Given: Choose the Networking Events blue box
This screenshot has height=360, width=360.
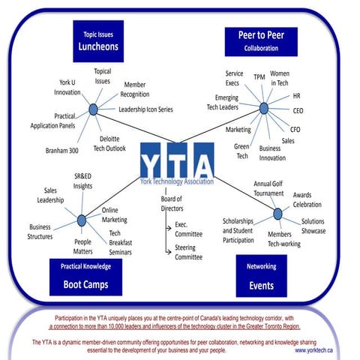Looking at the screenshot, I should click(x=261, y=276).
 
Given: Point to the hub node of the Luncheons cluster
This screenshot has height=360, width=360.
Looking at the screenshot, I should click(x=93, y=109).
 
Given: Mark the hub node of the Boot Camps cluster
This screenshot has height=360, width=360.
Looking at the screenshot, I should click(x=81, y=220).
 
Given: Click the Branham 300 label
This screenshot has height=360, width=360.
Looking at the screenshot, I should click(x=63, y=150).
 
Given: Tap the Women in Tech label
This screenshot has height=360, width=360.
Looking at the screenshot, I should click(x=280, y=78).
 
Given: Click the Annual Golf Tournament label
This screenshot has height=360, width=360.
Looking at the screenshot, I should click(x=269, y=188).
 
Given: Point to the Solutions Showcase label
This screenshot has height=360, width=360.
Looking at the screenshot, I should click(x=313, y=226).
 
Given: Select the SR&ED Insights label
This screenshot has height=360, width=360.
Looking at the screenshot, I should click(x=83, y=181).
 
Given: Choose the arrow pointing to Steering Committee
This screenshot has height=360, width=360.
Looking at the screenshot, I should click(x=168, y=248).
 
